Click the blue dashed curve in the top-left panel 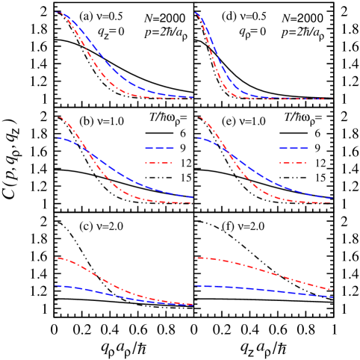112,68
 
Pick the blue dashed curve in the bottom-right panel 261,289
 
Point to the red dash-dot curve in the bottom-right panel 261,270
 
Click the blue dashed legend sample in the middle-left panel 159,148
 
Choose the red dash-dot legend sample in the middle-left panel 159,163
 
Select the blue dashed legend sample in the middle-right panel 294,148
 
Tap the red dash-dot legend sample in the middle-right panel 294,163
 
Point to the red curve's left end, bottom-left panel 56,258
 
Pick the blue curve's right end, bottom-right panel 332,297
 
